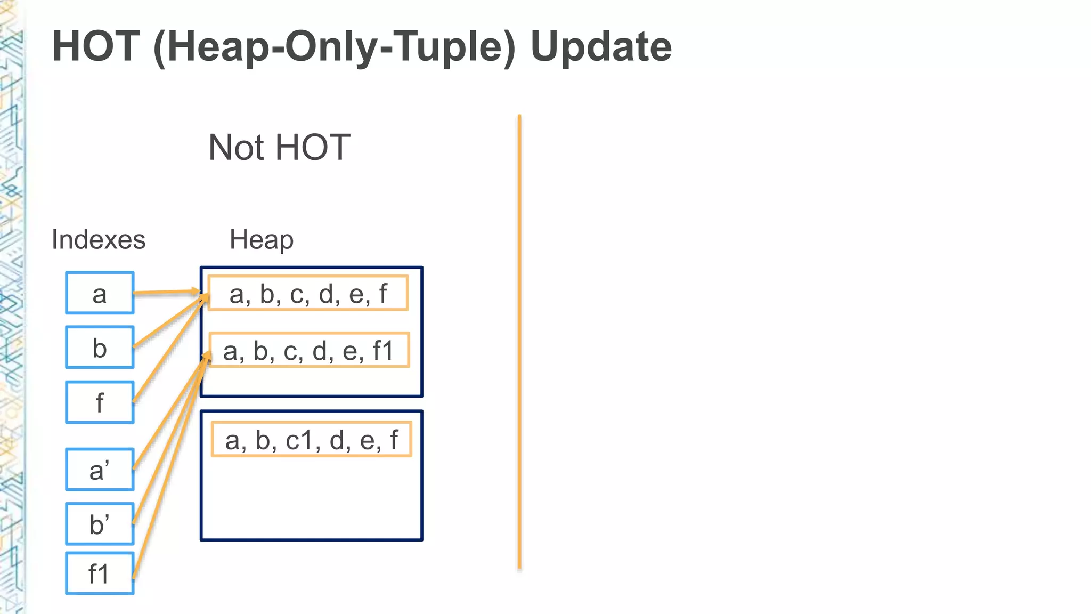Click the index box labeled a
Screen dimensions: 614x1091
tap(100, 293)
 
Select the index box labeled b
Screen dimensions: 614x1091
tap(100, 347)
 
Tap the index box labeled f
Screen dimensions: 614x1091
tap(100, 402)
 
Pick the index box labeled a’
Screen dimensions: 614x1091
tap(100, 469)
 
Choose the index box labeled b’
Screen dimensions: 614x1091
tap(100, 523)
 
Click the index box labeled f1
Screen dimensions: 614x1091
tap(100, 573)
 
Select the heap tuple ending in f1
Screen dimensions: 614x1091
tap(309, 350)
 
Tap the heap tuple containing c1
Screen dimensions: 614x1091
tap(311, 439)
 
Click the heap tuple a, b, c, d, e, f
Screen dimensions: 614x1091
tap(308, 293)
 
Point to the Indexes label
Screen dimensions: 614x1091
tap(99, 239)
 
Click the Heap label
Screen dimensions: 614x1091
tap(261, 239)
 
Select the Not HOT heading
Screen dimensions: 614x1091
tap(279, 147)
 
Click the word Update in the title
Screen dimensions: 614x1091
tap(601, 47)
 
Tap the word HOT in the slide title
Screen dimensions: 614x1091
tap(96, 47)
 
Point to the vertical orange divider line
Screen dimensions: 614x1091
tap(519, 341)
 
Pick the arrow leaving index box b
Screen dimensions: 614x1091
tap(168, 322)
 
